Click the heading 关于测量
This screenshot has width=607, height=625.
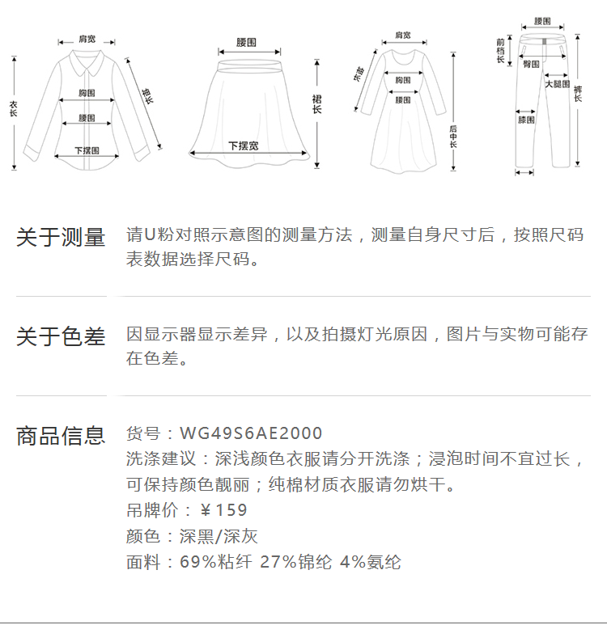61,238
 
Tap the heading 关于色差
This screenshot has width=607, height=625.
61,336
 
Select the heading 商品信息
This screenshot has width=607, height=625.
61,436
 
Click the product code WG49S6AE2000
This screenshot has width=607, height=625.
251,433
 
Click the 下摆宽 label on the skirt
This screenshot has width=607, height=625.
243,146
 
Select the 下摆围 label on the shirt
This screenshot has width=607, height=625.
87,150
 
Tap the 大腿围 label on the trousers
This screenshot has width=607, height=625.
557,84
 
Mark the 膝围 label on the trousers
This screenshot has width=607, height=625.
526,120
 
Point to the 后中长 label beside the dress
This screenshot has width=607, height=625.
453,137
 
